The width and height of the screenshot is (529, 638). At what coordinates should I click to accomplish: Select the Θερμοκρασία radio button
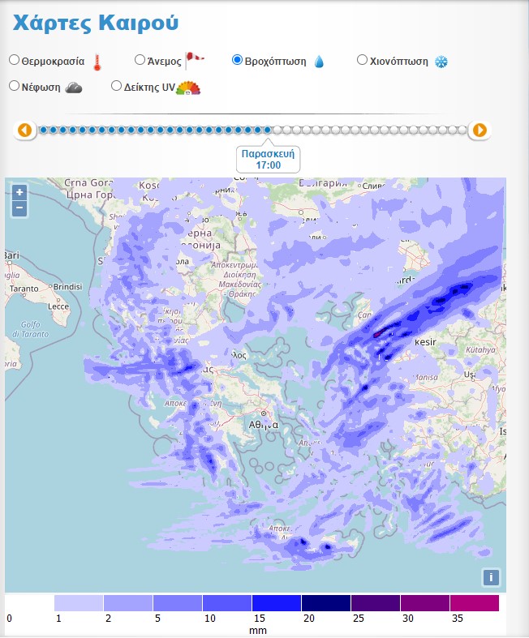tap(15, 60)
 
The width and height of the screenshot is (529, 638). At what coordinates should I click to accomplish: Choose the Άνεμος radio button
tap(140, 59)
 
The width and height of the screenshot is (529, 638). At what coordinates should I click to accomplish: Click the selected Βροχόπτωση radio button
tap(237, 60)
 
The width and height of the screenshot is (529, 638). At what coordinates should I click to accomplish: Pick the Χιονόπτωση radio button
tap(362, 60)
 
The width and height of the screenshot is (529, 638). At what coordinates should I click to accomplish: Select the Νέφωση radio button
tap(15, 86)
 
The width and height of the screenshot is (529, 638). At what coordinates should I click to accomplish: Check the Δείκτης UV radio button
tap(116, 86)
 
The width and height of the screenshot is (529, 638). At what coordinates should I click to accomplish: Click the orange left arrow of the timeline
tap(24, 130)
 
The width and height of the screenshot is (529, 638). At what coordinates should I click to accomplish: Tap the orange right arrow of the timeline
tap(480, 130)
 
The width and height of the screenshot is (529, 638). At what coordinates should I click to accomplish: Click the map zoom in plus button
tap(19, 192)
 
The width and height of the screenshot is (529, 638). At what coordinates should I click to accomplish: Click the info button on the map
tap(490, 577)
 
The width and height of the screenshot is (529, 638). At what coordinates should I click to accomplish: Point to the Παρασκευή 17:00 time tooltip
tap(268, 159)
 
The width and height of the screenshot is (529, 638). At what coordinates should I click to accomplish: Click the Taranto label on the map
tap(25, 288)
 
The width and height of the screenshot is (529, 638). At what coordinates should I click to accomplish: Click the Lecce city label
tap(59, 306)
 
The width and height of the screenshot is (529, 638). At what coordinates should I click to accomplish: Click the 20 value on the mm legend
tap(308, 618)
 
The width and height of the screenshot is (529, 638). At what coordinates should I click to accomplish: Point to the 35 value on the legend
tap(456, 618)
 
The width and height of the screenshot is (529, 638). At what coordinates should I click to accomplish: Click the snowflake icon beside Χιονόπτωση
tap(441, 62)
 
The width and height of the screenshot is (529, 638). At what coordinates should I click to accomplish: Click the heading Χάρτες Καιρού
tap(95, 23)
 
